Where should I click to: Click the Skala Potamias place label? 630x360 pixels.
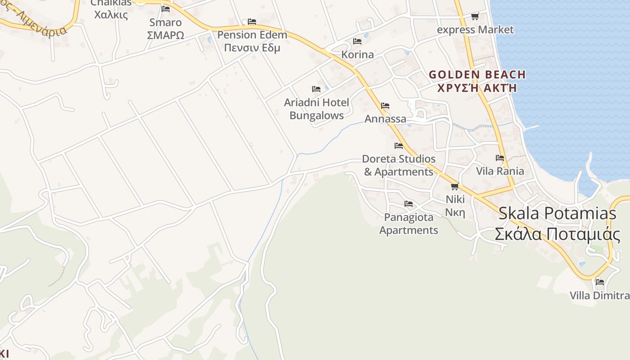pos(557,213)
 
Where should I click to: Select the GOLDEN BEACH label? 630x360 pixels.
pos(477,75)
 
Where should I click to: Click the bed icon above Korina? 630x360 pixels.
pos(357,41)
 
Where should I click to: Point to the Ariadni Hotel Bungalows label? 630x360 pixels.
pos(316,109)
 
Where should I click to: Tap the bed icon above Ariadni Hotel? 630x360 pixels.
pos(316,89)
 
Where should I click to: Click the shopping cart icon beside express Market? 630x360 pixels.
pos(475,17)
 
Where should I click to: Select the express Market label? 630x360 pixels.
pos(475,30)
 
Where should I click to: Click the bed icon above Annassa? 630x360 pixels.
pos(385,106)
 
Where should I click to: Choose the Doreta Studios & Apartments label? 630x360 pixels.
pos(399,165)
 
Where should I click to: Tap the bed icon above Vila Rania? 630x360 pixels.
pos(500,158)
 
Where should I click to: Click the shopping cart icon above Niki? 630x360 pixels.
pos(454,186)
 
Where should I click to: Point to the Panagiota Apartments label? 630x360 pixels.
pos(409,224)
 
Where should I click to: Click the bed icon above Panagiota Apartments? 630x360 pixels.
pos(409,204)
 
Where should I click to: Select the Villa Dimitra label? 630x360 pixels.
pos(599,296)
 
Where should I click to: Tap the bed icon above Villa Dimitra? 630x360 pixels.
pos(600,282)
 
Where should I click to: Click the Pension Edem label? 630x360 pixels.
pos(252,35)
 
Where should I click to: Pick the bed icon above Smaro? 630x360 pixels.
pos(166,9)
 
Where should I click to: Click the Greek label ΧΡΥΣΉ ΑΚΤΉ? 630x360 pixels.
pos(477,88)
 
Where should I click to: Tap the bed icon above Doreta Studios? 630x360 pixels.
pos(399,146)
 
